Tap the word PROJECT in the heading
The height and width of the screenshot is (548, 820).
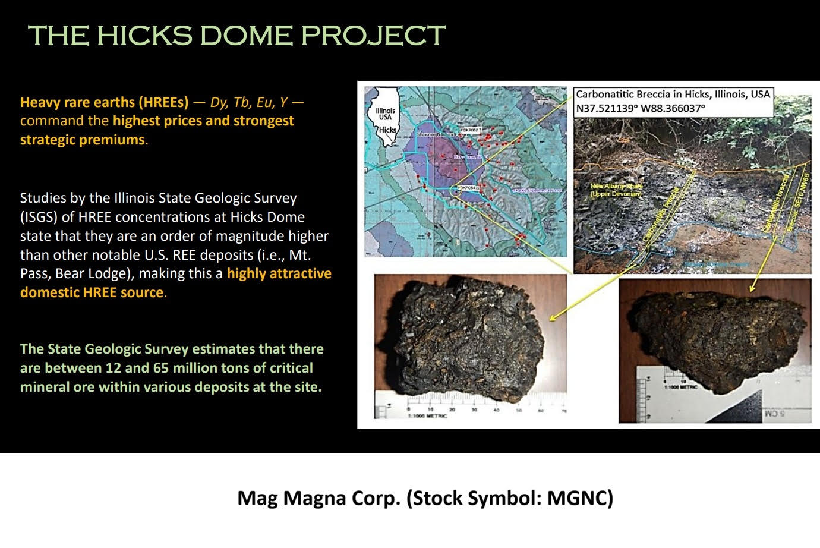[373, 36]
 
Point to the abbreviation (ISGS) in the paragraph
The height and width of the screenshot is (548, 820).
[39, 217]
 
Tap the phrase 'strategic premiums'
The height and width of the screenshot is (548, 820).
[83, 140]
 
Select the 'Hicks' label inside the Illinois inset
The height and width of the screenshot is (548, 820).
[387, 130]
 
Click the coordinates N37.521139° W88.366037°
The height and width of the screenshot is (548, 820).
[640, 108]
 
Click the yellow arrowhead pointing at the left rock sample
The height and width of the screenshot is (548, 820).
[553, 318]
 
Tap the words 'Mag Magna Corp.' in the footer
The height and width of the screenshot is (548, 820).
[318, 497]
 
